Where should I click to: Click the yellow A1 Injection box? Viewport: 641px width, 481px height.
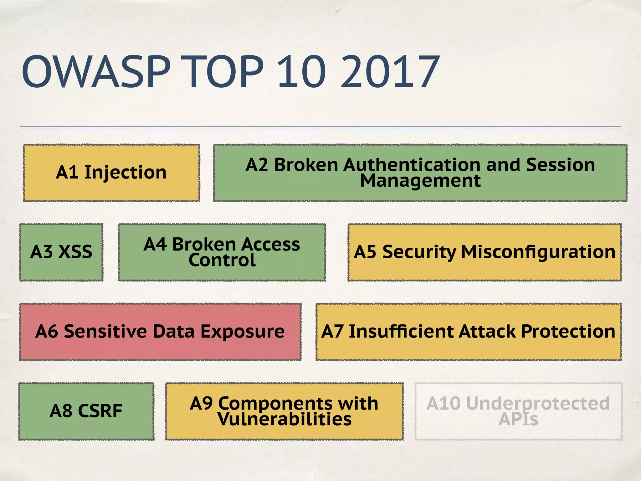click(x=111, y=173)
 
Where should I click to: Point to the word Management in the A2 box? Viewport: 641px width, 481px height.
click(x=420, y=181)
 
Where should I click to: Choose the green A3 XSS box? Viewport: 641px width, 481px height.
click(x=61, y=252)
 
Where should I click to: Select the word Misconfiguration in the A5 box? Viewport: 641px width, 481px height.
click(x=538, y=252)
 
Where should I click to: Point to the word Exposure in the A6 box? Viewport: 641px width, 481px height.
click(x=242, y=332)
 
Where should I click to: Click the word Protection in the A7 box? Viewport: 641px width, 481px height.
click(x=568, y=332)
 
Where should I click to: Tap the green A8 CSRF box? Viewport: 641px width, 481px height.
click(x=86, y=411)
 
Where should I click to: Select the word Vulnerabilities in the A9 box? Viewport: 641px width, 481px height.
click(x=285, y=420)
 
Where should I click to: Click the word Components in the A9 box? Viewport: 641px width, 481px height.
click(x=275, y=403)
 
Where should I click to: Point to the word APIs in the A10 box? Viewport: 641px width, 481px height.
click(x=518, y=420)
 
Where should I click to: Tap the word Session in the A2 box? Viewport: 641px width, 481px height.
click(x=560, y=165)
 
